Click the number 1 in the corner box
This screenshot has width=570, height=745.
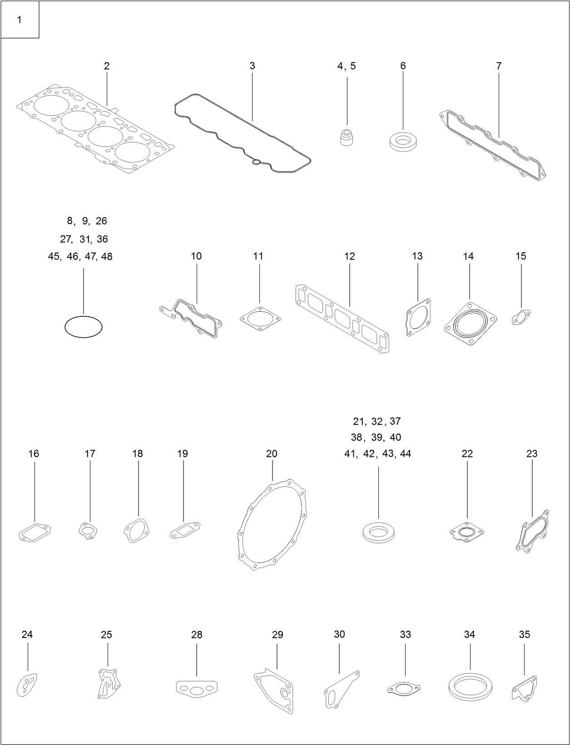tap(19, 20)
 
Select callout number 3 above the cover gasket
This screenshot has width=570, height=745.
tap(252, 66)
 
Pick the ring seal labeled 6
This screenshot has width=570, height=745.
tap(402, 142)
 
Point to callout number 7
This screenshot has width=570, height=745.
tap(499, 66)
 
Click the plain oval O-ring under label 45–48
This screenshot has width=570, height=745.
tap(84, 327)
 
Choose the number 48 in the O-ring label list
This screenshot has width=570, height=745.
tap(107, 256)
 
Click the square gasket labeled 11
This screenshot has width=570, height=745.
tap(260, 319)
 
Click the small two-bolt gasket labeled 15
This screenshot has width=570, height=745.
tap(521, 317)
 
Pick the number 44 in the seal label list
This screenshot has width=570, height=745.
tap(406, 453)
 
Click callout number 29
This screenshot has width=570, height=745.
tap(278, 634)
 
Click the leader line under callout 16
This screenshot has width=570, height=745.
tap(35, 492)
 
